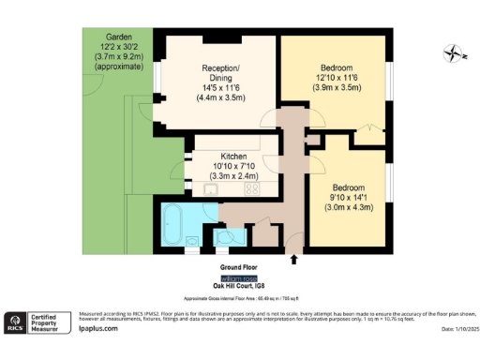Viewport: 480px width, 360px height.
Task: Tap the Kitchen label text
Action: [x=234, y=156]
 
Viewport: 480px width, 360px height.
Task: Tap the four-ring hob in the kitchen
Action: [x=251, y=189]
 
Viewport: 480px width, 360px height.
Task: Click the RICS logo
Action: [x=17, y=322]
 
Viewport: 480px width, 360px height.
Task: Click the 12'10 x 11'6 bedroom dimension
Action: [x=336, y=78]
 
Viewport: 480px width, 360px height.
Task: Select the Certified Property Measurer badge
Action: [x=52, y=322]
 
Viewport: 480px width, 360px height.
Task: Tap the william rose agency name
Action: [x=239, y=279]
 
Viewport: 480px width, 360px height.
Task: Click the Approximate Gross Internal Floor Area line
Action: [x=239, y=296]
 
